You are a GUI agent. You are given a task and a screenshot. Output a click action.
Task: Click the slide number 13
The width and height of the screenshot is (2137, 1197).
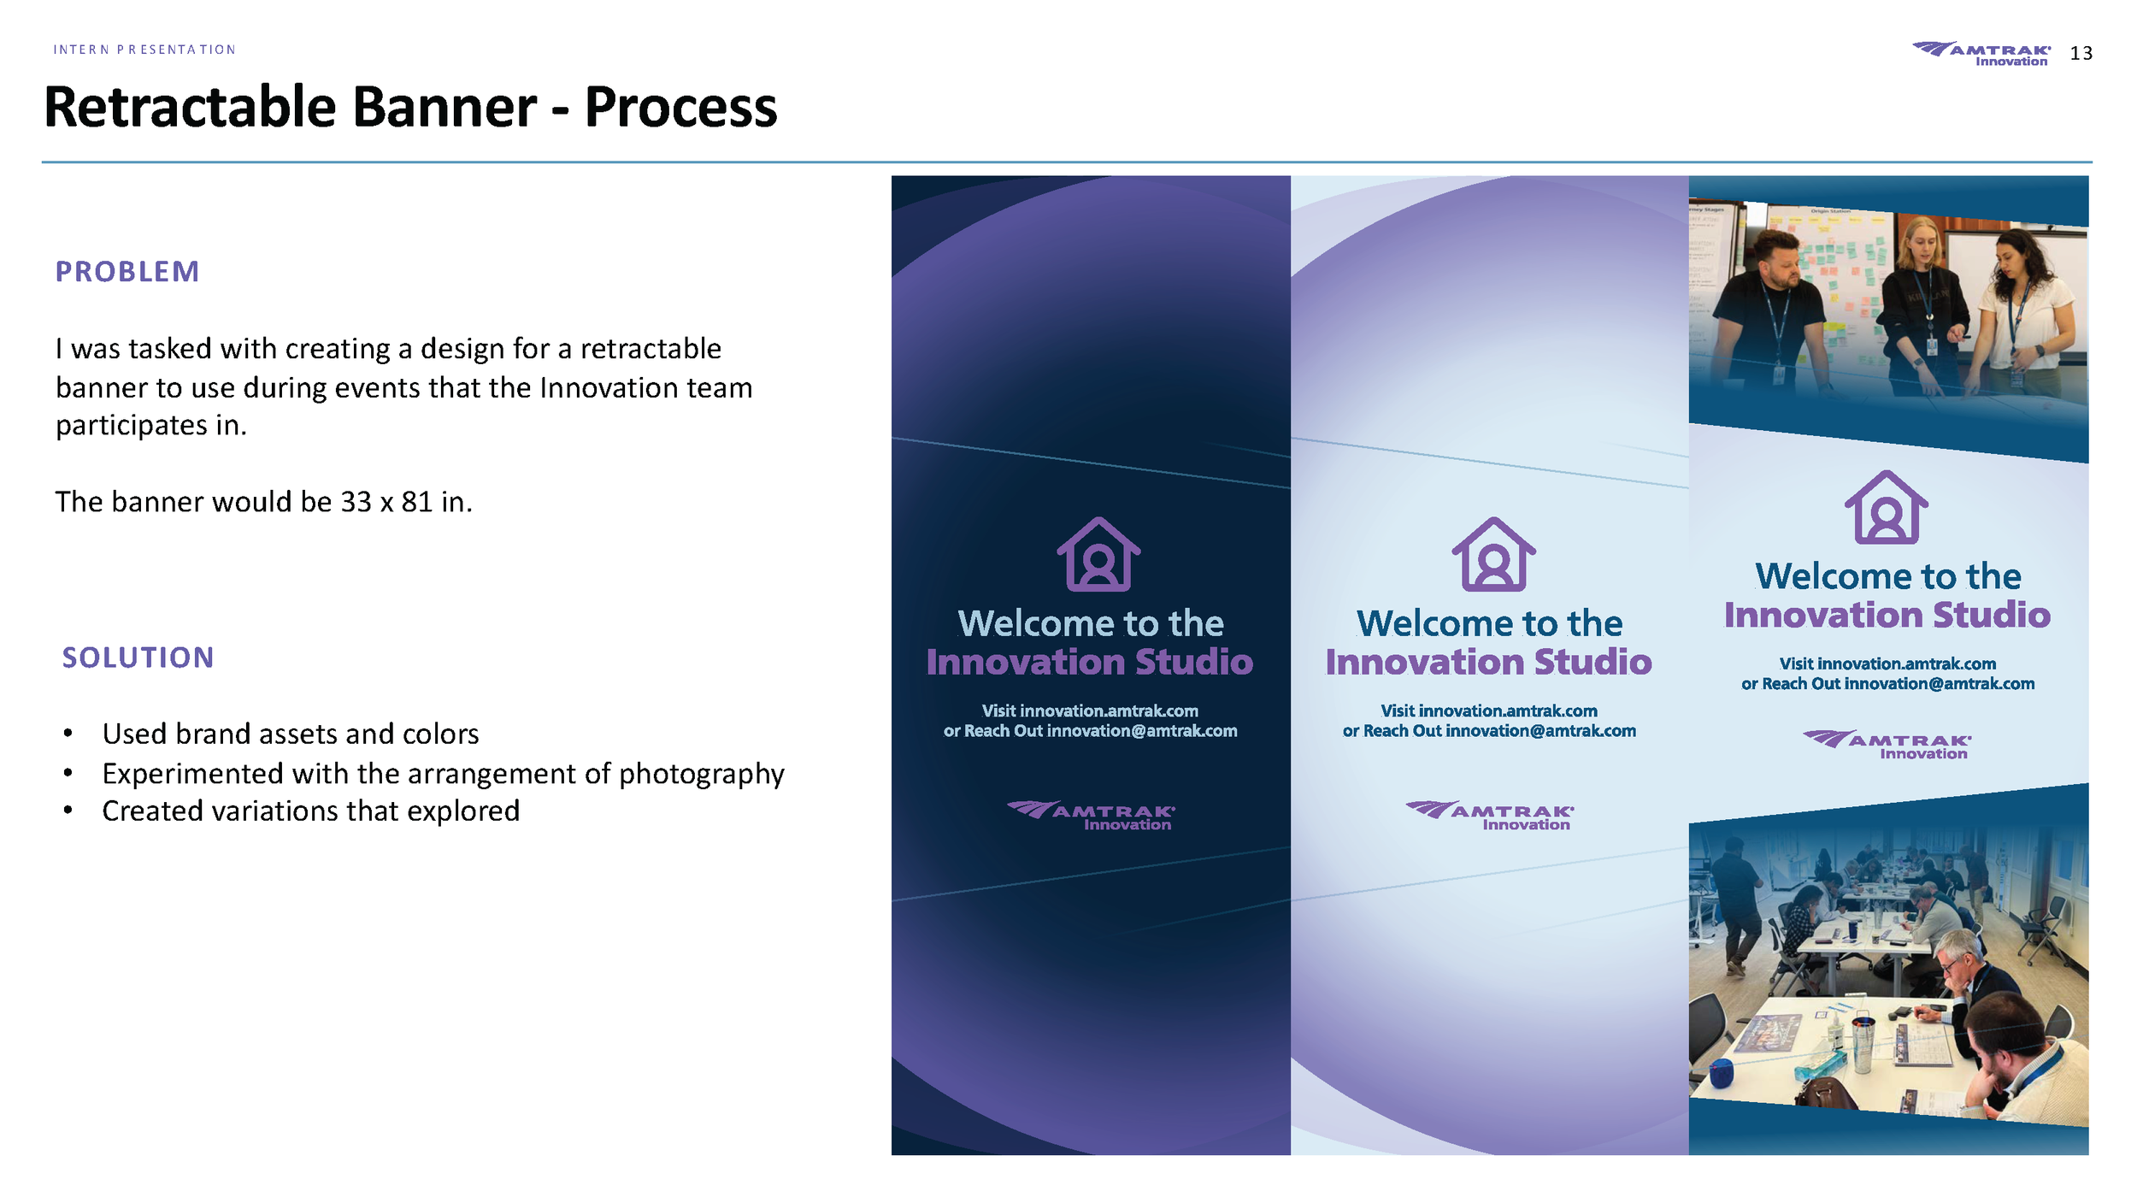coord(2081,53)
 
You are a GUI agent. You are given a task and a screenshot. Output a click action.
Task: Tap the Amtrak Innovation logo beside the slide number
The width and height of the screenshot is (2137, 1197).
coord(1981,53)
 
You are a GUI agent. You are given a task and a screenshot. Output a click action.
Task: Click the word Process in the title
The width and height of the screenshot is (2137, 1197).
coord(680,108)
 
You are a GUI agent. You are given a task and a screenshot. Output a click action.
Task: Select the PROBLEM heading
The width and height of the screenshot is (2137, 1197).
coord(127,272)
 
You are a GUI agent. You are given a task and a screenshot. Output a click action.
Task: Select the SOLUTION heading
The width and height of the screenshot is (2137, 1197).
coord(138,657)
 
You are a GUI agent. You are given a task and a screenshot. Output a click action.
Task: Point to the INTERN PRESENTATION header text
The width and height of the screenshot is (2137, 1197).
coord(144,50)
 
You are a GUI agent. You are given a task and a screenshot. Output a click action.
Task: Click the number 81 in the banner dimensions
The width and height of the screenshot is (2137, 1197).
coord(417,502)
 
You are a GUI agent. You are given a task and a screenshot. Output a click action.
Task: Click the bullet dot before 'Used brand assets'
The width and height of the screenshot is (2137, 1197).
coord(68,734)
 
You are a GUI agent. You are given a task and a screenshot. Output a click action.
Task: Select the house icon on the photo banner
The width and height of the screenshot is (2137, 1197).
coord(1886,507)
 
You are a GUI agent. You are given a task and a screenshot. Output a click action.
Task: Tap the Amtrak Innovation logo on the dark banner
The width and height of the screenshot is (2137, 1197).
coord(1092,815)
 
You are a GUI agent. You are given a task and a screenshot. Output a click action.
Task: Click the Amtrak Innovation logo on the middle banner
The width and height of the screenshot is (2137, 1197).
coord(1490,815)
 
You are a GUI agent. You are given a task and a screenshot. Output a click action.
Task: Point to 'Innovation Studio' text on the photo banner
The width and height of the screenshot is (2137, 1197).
coord(1887,615)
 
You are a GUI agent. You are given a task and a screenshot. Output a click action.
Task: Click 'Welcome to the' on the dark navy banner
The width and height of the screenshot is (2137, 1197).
coord(1091,623)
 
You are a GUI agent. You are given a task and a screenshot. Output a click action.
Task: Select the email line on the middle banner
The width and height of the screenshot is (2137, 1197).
coord(1489,731)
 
